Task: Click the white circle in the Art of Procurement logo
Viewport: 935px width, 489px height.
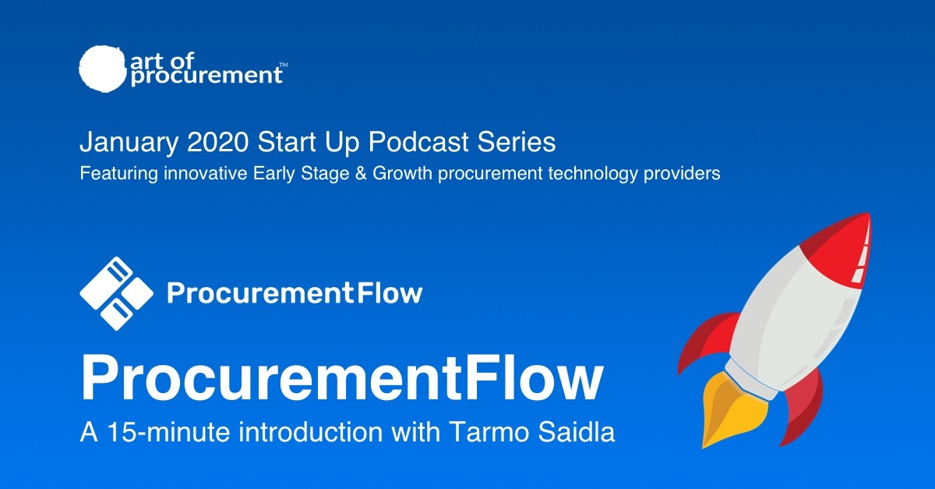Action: click(102, 69)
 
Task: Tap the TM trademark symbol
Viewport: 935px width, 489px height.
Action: click(283, 66)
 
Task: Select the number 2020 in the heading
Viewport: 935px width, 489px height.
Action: click(217, 142)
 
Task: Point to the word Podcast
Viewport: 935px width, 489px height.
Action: click(418, 142)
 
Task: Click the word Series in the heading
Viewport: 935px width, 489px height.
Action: click(517, 142)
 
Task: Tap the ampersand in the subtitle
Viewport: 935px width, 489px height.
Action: click(361, 173)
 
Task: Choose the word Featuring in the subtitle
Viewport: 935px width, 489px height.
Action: click(119, 174)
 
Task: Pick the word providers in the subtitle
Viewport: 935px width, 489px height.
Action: click(682, 174)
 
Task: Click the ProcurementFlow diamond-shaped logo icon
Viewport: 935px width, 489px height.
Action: click(116, 293)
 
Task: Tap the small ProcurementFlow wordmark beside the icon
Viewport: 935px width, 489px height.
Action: click(295, 293)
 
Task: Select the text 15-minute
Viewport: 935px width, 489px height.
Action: click(168, 432)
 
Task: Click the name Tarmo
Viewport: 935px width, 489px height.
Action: click(489, 432)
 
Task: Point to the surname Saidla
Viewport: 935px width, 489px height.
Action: click(577, 432)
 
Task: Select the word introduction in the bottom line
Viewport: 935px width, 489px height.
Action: click(311, 432)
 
